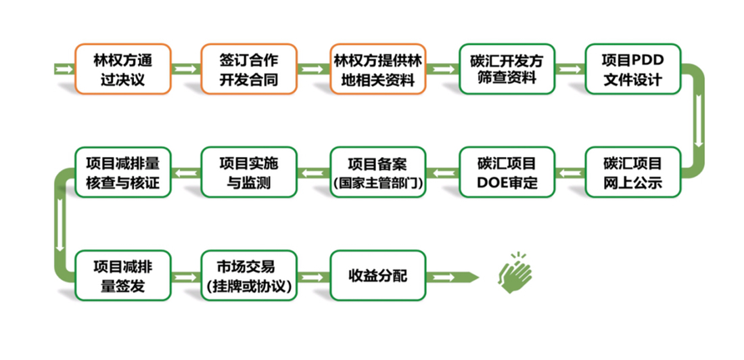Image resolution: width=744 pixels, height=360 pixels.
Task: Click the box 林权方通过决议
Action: click(x=122, y=69)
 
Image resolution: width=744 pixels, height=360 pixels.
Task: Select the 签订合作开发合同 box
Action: click(x=248, y=69)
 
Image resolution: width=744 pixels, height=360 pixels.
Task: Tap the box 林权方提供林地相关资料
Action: click(x=377, y=69)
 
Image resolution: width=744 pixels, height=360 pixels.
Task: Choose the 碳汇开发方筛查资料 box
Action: click(x=506, y=69)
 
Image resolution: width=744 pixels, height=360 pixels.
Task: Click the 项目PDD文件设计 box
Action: click(x=632, y=69)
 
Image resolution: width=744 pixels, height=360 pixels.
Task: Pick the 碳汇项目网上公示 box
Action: click(x=632, y=173)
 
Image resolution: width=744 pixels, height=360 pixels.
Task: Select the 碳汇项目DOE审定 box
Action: click(x=506, y=173)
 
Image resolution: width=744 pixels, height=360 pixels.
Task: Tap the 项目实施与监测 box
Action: click(x=248, y=173)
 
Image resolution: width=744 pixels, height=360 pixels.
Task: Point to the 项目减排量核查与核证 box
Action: click(x=122, y=173)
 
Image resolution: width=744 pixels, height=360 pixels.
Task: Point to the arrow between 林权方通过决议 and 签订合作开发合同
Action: click(x=185, y=69)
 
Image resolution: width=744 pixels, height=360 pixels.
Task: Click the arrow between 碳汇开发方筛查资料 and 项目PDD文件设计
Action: click(x=569, y=69)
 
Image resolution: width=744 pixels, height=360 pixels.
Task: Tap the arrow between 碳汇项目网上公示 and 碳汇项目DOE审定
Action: click(x=569, y=173)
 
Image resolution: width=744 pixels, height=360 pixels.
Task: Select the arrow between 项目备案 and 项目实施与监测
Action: click(x=313, y=173)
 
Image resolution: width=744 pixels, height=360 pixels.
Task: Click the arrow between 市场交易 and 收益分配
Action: click(x=313, y=277)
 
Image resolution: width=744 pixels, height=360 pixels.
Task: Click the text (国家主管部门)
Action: click(x=377, y=183)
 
